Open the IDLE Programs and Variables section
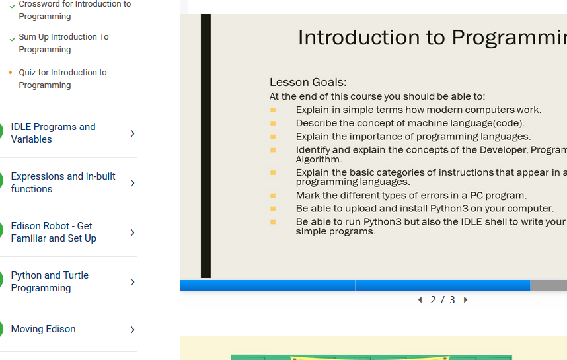pos(53,133)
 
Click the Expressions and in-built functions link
pos(63,182)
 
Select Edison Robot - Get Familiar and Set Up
pos(54,232)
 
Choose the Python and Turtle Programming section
pos(50,281)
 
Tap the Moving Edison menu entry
pos(44,329)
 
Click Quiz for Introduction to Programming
pos(63,79)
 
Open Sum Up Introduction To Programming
pos(63,43)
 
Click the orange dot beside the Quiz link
pos(10,72)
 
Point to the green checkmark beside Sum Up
pos(12,39)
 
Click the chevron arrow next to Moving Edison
pos(132,329)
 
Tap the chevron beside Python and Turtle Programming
pos(132,282)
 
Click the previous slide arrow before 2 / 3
pos(420,300)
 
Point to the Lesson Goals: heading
pos(308,82)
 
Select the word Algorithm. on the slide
pos(319,159)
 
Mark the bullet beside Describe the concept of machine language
pos(273,124)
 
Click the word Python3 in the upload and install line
pos(449,209)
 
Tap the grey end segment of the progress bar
pos(548,285)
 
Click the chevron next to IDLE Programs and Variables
pos(132,133)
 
